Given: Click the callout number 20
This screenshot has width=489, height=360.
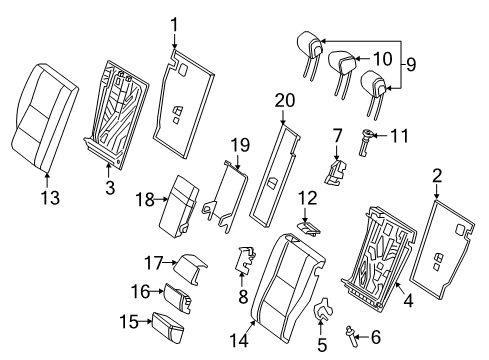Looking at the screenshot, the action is [x=285, y=101].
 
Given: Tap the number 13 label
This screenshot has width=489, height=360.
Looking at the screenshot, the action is [x=50, y=198].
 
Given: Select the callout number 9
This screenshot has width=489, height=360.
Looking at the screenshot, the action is [x=411, y=65].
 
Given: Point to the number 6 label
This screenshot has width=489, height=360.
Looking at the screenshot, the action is [x=376, y=337].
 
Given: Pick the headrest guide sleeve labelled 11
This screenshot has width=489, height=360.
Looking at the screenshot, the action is [x=365, y=142].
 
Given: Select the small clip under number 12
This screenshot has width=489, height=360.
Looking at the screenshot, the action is [x=309, y=228].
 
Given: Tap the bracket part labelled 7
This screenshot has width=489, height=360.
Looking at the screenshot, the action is [x=335, y=172].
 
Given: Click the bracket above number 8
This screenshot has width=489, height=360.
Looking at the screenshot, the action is [x=245, y=259].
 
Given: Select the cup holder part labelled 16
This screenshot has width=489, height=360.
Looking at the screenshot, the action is [x=177, y=298].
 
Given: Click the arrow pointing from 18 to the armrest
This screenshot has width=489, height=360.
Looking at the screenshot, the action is [x=162, y=199].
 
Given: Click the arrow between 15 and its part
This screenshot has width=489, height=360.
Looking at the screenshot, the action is [x=145, y=321].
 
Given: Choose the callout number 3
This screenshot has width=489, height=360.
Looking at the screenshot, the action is [x=110, y=188].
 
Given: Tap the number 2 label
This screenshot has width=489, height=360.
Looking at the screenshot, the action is [x=437, y=176].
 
